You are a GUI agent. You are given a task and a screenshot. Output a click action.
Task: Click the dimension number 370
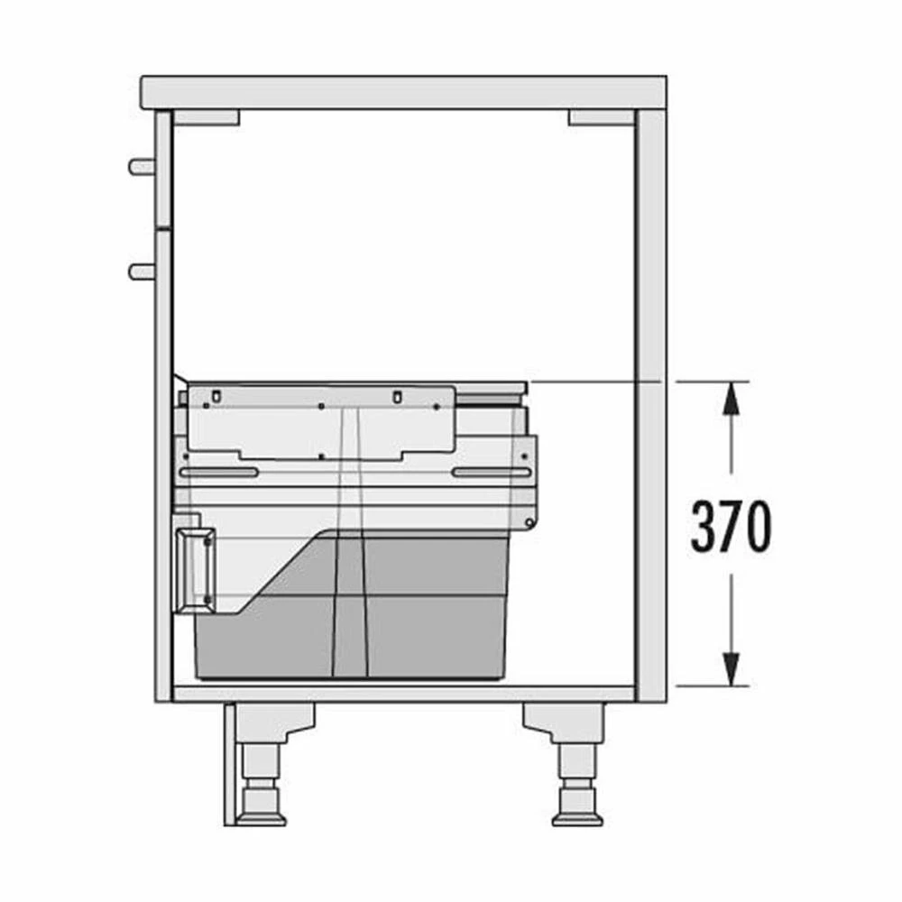coord(731,525)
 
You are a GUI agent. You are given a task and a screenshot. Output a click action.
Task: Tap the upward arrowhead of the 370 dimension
coord(731,398)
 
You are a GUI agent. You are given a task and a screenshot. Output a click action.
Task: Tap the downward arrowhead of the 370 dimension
coord(731,669)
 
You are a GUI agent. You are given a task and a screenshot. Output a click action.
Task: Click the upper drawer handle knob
coord(142,167)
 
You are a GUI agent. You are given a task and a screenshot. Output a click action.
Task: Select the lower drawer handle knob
coord(142,272)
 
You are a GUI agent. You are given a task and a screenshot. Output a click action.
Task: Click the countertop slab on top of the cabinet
coord(403,93)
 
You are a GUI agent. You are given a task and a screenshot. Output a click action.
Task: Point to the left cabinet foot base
coord(262,818)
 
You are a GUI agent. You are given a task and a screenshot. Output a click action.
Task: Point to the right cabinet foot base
coord(577,818)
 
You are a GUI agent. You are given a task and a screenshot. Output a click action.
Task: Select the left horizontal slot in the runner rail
coord(219,473)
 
